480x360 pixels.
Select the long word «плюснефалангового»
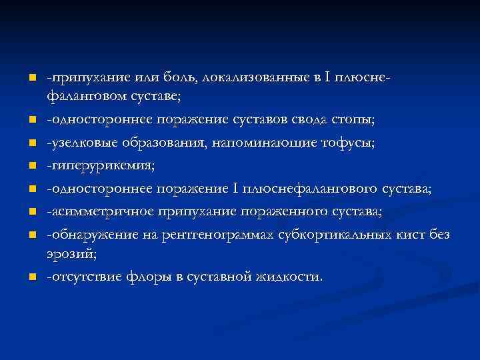(x=314, y=189)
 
